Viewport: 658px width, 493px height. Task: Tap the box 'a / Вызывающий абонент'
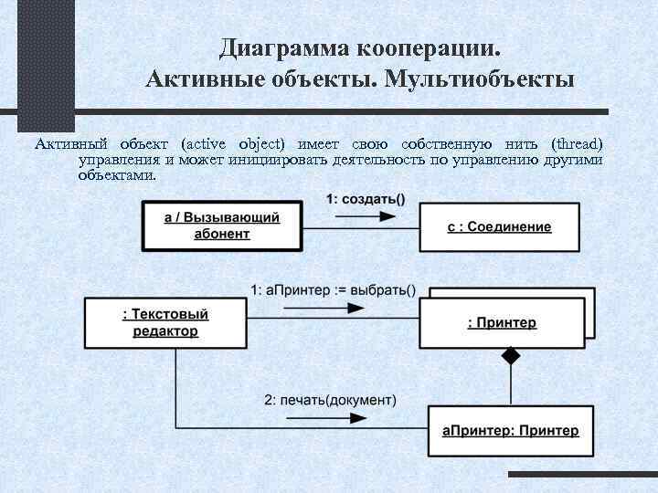[221, 226]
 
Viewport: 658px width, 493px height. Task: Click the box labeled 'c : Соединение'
[499, 226]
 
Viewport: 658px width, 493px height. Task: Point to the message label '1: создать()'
[366, 199]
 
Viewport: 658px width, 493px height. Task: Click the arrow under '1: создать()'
[365, 216]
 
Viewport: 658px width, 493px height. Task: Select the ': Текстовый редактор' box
[164, 322]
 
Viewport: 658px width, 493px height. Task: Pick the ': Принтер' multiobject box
[501, 322]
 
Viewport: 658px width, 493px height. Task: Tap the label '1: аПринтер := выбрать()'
[333, 291]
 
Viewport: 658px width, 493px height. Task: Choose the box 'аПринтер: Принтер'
[510, 430]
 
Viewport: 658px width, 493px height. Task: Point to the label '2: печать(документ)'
[330, 400]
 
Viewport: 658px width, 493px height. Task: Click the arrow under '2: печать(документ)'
[330, 416]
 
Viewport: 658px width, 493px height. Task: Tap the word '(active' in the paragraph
[207, 144]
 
